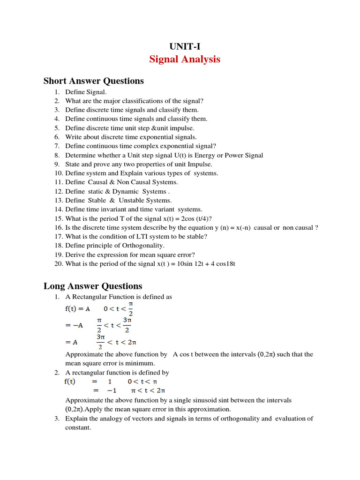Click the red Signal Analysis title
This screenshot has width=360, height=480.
click(184, 60)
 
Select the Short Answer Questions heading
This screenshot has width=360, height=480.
click(94, 81)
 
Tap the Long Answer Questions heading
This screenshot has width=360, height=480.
click(93, 286)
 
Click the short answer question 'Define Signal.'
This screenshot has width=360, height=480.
click(86, 92)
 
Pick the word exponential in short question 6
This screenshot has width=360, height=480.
click(148, 137)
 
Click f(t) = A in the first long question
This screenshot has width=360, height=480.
click(77, 309)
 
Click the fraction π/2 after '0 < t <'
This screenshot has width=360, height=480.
click(131, 309)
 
